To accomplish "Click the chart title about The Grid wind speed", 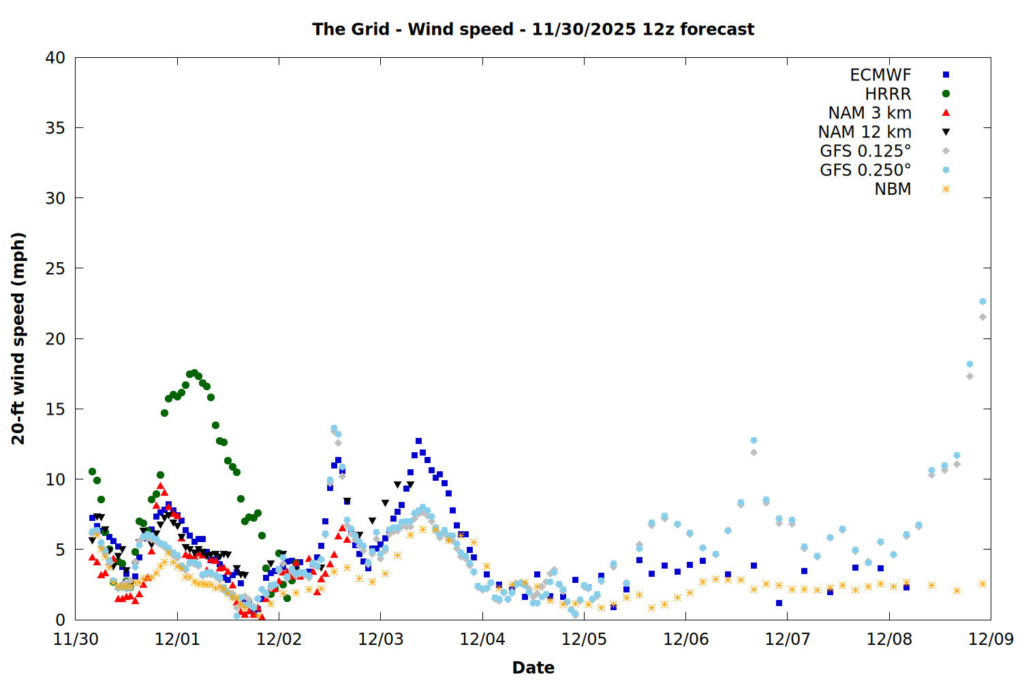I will point(533,29).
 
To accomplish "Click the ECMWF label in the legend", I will point(880,75).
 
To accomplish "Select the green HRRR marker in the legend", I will point(946,94).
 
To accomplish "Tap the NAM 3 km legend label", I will point(869,113).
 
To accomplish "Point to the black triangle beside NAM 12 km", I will point(946,132).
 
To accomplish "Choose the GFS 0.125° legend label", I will point(865,151).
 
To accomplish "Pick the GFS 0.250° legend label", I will point(865,170).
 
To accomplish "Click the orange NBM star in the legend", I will point(946,189).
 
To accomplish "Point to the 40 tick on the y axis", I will point(55,58).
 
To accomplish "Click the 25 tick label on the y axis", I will point(55,268).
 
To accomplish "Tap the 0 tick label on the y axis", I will point(61,620).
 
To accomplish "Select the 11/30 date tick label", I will point(76,639).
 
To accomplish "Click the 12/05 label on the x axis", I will point(584,639).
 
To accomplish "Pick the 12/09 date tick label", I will point(991,639).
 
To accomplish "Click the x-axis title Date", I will point(533,667).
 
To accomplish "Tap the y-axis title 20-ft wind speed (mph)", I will point(18,338).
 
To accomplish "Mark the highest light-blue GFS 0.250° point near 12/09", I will point(982,301).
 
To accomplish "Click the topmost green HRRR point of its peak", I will point(194,373).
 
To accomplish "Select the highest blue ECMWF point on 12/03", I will point(418,441).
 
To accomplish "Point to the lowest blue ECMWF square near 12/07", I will point(779,603).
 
